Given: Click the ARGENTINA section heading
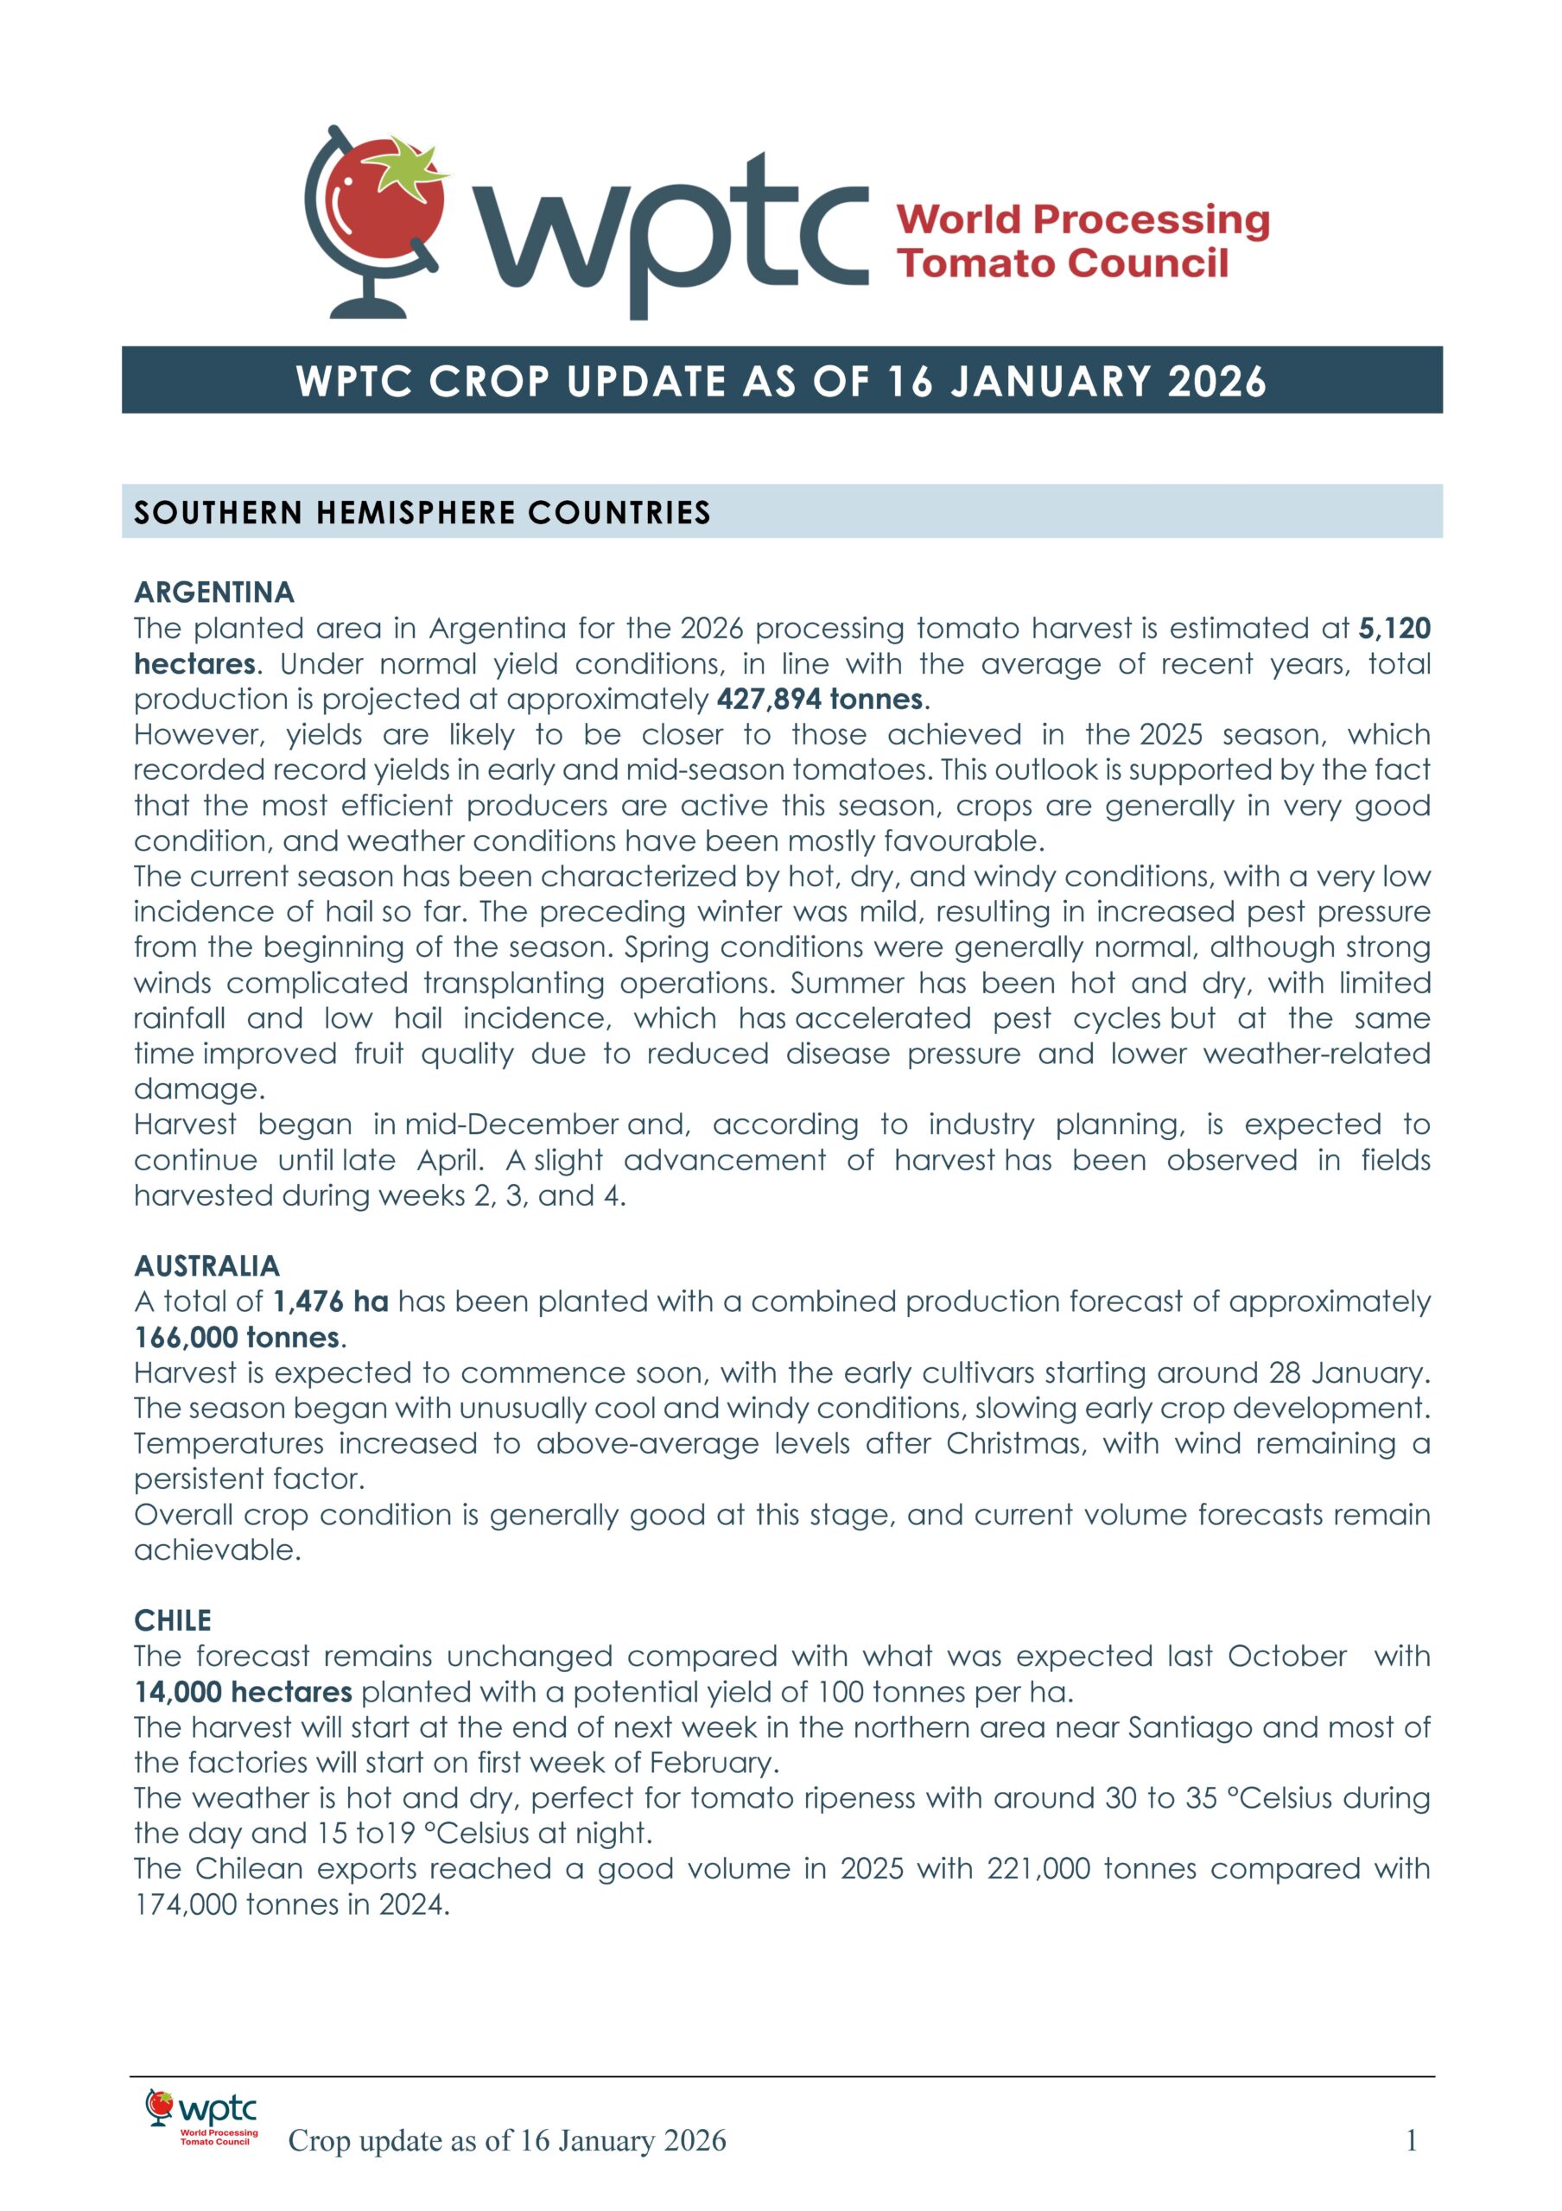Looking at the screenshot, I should tap(213, 592).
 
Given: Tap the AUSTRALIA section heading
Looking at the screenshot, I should tap(207, 1265).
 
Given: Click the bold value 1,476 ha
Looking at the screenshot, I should tap(330, 1302).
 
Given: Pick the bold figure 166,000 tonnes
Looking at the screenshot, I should tap(237, 1338).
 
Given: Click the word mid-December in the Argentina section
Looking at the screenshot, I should tap(511, 1125).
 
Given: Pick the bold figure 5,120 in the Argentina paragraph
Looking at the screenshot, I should tap(1394, 629).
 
